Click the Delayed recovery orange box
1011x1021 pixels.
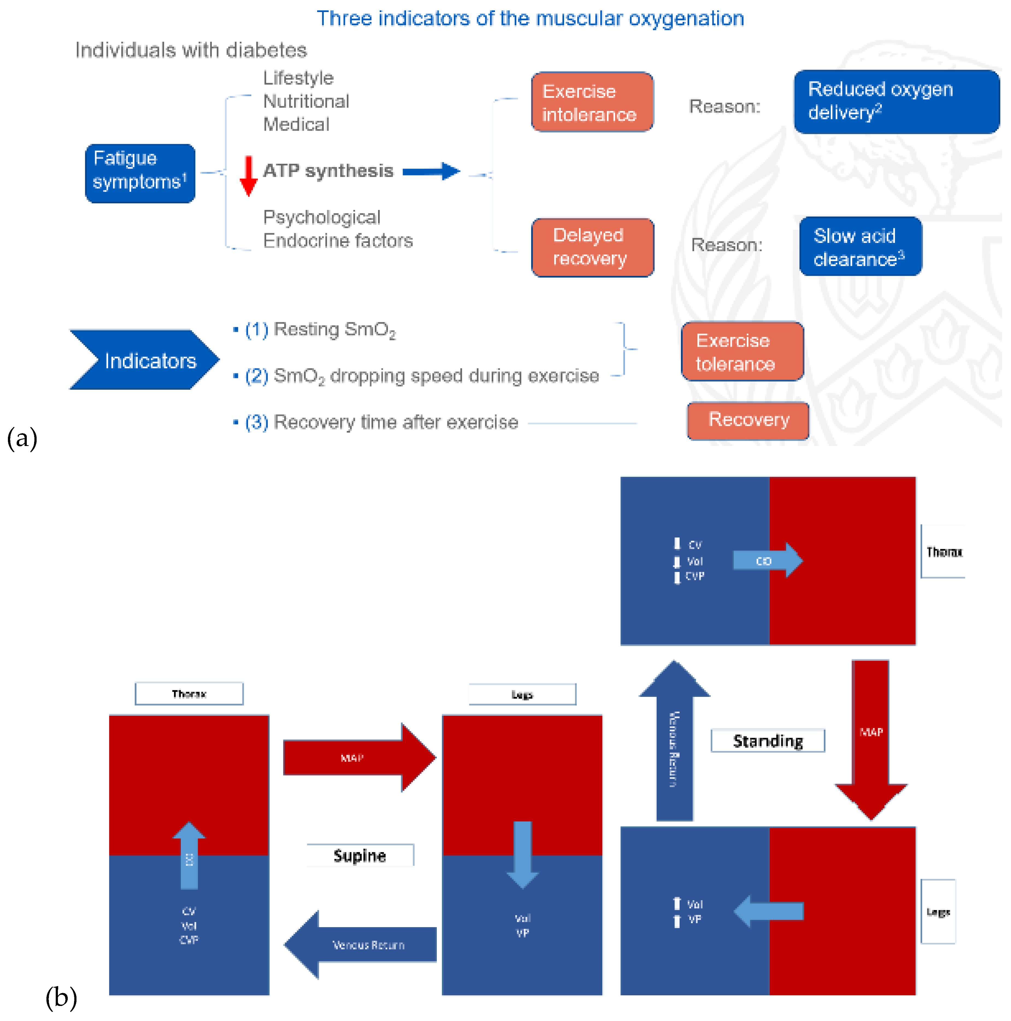coord(592,247)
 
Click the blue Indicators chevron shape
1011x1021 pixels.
coord(144,360)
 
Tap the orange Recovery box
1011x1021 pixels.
coord(747,421)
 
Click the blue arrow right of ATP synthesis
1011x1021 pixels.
coord(431,171)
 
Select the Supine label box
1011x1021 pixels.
coord(360,855)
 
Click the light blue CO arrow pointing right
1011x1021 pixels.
coord(767,560)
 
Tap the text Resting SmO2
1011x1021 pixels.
coord(334,330)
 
